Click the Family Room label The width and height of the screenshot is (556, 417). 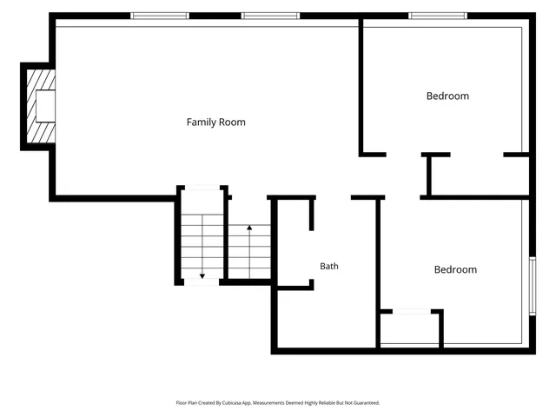[x=216, y=122]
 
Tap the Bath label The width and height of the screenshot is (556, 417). [x=329, y=266]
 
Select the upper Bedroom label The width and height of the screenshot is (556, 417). [x=447, y=96]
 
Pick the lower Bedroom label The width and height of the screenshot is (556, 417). [x=455, y=270]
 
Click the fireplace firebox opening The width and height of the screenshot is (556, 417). [x=45, y=106]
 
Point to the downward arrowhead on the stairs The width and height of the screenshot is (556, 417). [x=202, y=276]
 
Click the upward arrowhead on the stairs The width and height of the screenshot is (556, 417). [x=249, y=228]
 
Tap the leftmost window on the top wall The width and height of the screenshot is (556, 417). [x=160, y=16]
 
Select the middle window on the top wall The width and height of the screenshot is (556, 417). [x=270, y=16]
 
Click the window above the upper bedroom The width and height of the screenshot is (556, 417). [x=438, y=16]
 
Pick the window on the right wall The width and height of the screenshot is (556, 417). [x=533, y=286]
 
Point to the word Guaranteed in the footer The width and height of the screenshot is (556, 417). [x=367, y=403]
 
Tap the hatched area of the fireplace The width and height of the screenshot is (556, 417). [x=41, y=106]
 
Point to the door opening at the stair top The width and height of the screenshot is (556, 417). [x=202, y=188]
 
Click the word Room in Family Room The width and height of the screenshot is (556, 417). [x=232, y=122]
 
